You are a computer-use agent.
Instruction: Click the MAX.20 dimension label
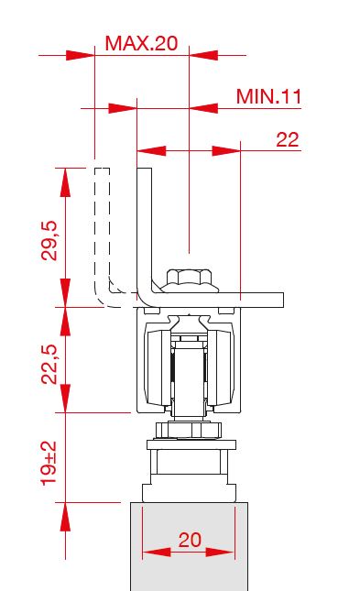click(141, 43)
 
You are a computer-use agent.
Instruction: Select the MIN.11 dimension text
click(268, 96)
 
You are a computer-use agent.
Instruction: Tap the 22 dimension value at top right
click(288, 140)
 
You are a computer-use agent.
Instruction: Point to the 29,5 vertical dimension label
click(49, 240)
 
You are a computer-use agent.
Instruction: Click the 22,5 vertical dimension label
click(49, 364)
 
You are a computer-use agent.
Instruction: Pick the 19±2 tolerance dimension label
click(49, 464)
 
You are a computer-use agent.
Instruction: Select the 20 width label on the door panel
click(190, 540)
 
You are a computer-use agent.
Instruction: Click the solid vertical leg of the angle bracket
click(145, 230)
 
